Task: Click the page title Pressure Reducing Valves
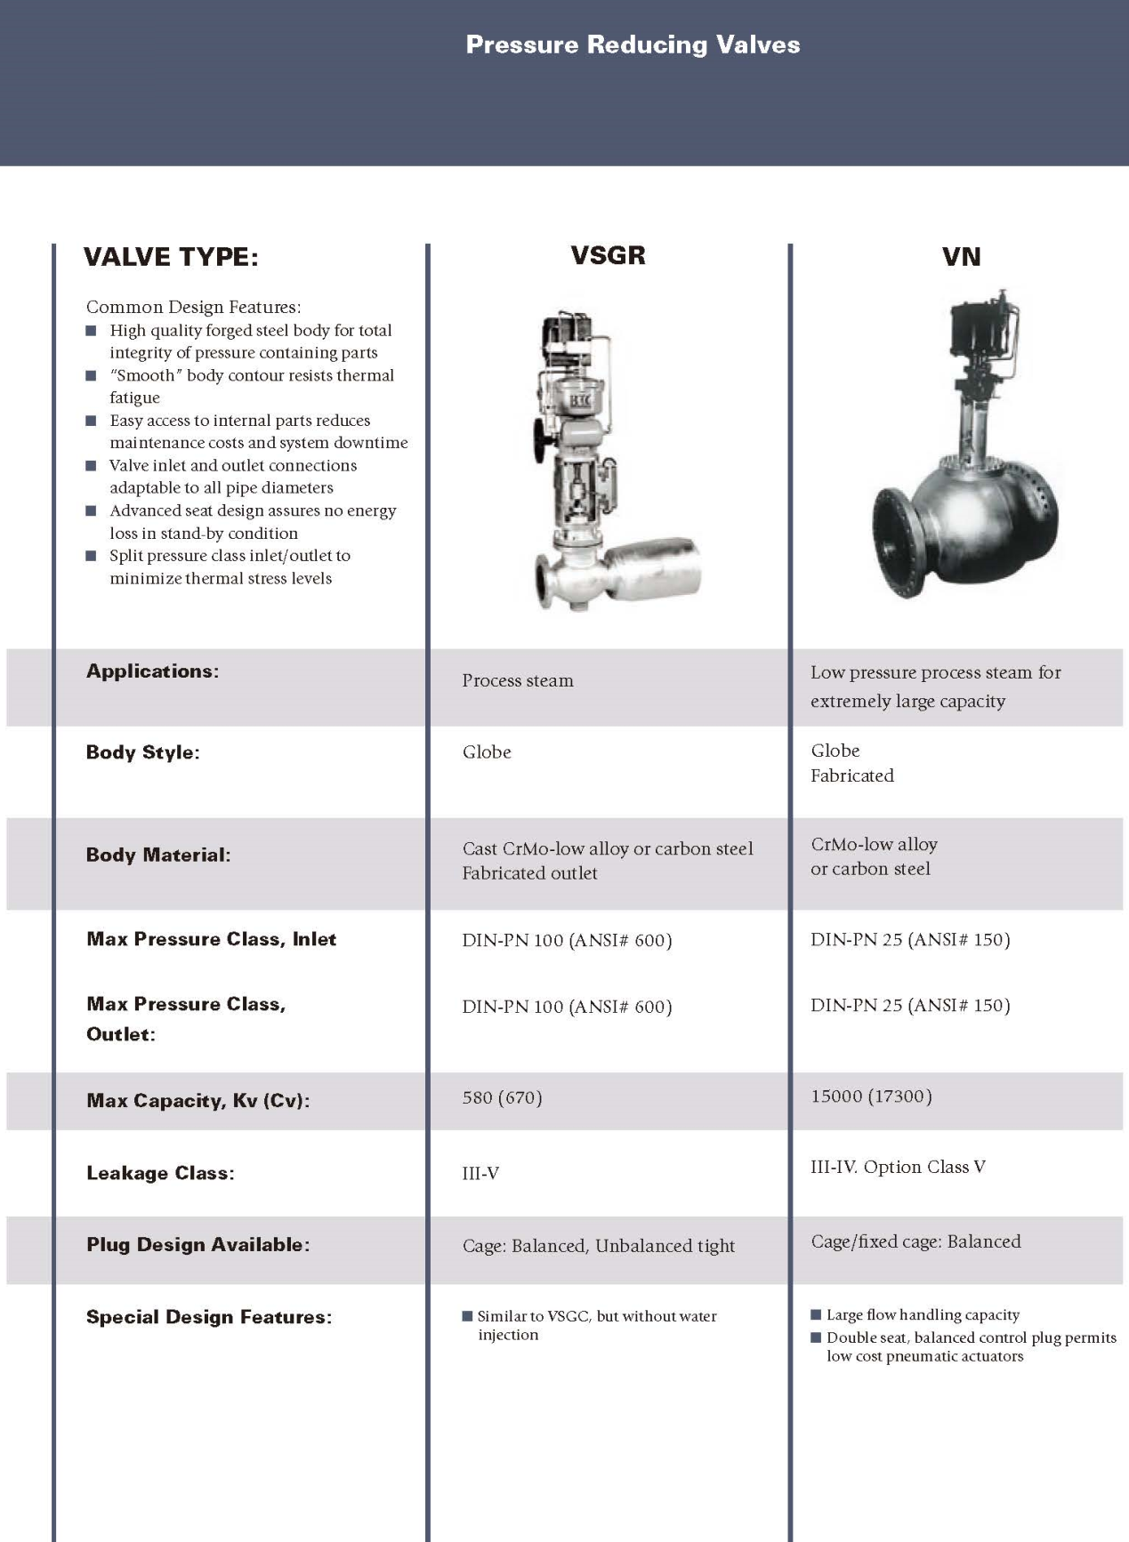pyautogui.click(x=633, y=45)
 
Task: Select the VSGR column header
pyautogui.click(x=608, y=256)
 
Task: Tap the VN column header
pyautogui.click(x=961, y=257)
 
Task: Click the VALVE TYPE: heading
pyautogui.click(x=171, y=258)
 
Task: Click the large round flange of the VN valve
pyautogui.click(x=894, y=541)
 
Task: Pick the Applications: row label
pyautogui.click(x=152, y=671)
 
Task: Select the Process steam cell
pyautogui.click(x=518, y=681)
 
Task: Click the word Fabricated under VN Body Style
pyautogui.click(x=851, y=775)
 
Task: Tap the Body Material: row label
pyautogui.click(x=158, y=855)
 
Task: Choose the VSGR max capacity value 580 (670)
pyautogui.click(x=502, y=1097)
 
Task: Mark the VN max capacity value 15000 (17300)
pyautogui.click(x=871, y=1096)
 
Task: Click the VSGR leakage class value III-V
pyautogui.click(x=480, y=1174)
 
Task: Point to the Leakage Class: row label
pyautogui.click(x=160, y=1174)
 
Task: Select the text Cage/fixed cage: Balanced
pyautogui.click(x=915, y=1241)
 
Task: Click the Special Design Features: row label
pyautogui.click(x=209, y=1317)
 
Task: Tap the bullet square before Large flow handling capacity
pyautogui.click(x=816, y=1314)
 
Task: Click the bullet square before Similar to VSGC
pyautogui.click(x=467, y=1316)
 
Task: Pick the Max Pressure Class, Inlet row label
pyautogui.click(x=212, y=940)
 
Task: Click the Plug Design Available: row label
pyautogui.click(x=198, y=1245)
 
